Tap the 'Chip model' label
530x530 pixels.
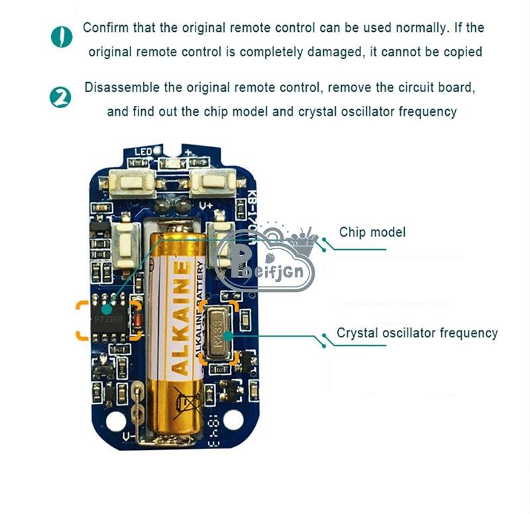click(x=372, y=232)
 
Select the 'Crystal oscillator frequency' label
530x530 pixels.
click(x=417, y=333)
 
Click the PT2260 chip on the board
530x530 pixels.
click(x=110, y=319)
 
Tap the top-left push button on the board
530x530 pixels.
click(x=136, y=182)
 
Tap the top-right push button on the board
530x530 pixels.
click(x=211, y=182)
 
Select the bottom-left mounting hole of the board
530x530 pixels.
click(x=117, y=420)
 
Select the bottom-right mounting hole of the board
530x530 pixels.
click(x=233, y=419)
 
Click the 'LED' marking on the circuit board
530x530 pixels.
click(x=144, y=152)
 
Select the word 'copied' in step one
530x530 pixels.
click(x=460, y=52)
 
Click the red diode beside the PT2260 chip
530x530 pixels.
click(x=137, y=321)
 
